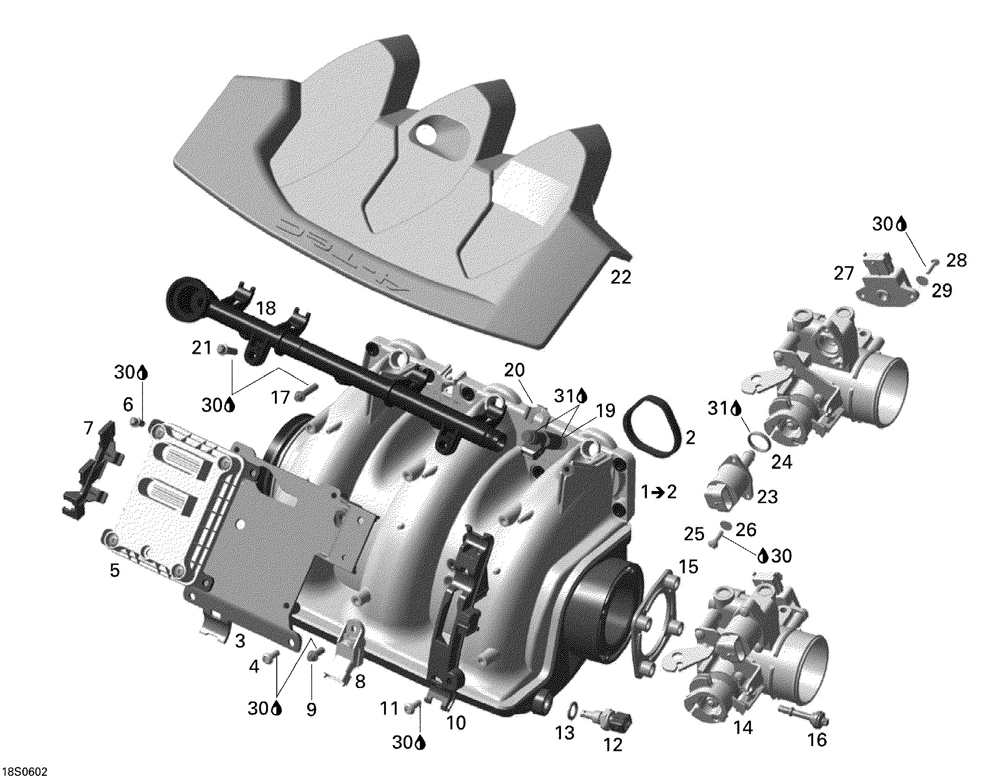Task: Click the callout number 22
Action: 621,277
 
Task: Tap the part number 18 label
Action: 266,308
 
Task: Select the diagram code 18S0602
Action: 24,772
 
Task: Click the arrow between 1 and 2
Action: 659,492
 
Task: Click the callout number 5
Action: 115,570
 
